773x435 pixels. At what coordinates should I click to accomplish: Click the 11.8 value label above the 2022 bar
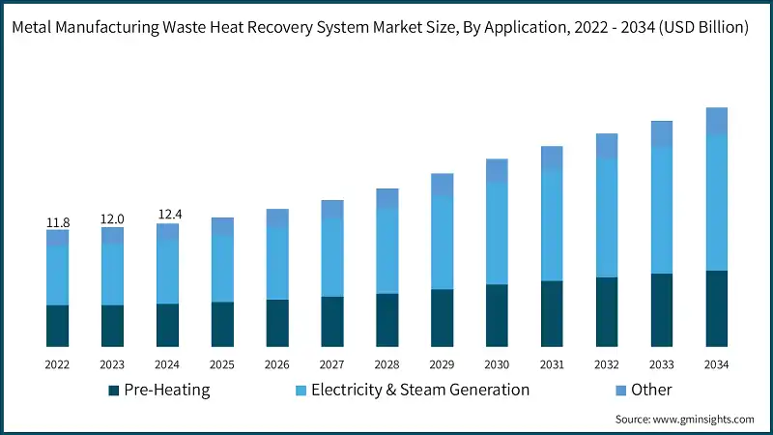(58, 222)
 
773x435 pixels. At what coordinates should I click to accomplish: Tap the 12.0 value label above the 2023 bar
(112, 219)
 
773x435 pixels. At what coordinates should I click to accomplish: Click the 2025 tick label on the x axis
(222, 364)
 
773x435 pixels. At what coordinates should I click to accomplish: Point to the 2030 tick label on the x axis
(497, 364)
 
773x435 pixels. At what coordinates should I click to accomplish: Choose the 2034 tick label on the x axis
(716, 364)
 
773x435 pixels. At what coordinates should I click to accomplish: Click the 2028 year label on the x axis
(386, 364)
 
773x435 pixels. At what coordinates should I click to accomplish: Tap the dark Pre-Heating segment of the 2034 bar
(716, 308)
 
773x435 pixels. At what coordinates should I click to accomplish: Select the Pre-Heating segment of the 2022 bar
(58, 326)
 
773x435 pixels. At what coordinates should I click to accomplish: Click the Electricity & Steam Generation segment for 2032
(607, 217)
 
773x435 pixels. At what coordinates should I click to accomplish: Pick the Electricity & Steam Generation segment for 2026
(277, 263)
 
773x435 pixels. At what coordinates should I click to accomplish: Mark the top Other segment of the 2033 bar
(662, 134)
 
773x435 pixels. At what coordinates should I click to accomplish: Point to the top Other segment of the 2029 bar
(442, 185)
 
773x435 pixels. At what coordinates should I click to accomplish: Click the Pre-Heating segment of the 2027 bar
(332, 321)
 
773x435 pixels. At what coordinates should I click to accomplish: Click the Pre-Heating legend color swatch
(113, 391)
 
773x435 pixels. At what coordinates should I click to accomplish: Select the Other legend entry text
(651, 390)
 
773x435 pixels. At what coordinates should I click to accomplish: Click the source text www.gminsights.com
(704, 420)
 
